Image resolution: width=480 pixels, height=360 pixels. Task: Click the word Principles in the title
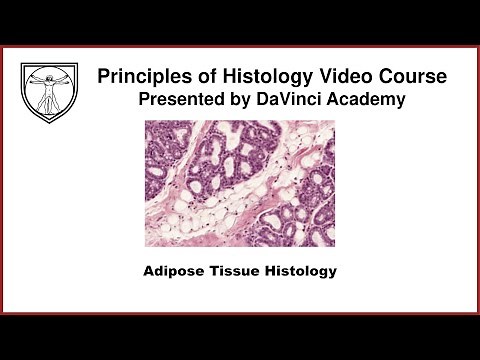tap(139, 77)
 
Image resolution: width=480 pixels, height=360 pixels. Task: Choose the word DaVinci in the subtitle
tap(276, 100)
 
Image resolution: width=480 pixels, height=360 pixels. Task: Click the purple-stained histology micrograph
tap(239, 184)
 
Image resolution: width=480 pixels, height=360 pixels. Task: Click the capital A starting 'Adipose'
tap(149, 270)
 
